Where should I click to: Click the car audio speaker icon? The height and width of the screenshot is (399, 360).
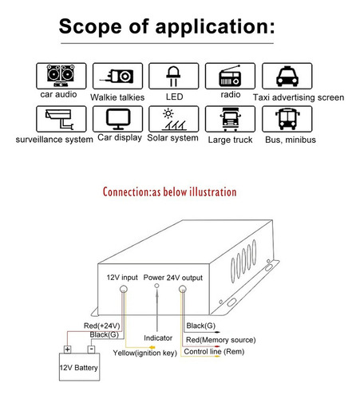(61, 76)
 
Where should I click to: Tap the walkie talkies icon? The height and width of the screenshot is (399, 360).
(117, 76)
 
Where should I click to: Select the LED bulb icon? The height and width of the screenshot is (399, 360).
(173, 76)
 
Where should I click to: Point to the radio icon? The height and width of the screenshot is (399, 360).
(230, 76)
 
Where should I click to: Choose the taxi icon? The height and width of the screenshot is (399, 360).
(287, 76)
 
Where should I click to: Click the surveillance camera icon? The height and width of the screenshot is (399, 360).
(60, 119)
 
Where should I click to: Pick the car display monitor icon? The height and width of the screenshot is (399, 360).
(118, 119)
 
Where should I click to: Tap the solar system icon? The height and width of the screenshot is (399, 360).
(173, 119)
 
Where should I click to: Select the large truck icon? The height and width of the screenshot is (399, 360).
(230, 119)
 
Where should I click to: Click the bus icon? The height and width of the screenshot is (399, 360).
(287, 119)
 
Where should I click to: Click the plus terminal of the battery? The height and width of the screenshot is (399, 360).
(68, 350)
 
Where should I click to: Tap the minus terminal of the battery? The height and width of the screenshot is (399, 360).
(91, 349)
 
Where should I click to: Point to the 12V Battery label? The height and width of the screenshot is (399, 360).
(79, 368)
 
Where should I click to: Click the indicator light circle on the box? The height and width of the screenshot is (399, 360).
(156, 286)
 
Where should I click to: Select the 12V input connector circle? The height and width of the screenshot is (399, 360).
(124, 289)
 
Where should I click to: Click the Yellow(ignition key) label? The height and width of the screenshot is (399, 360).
(145, 353)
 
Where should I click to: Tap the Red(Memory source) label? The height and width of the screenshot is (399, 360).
(221, 340)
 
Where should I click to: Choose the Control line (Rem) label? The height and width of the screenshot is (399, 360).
(214, 352)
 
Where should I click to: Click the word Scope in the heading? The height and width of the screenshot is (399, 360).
(90, 26)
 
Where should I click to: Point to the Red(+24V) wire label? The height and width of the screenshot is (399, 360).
(102, 326)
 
